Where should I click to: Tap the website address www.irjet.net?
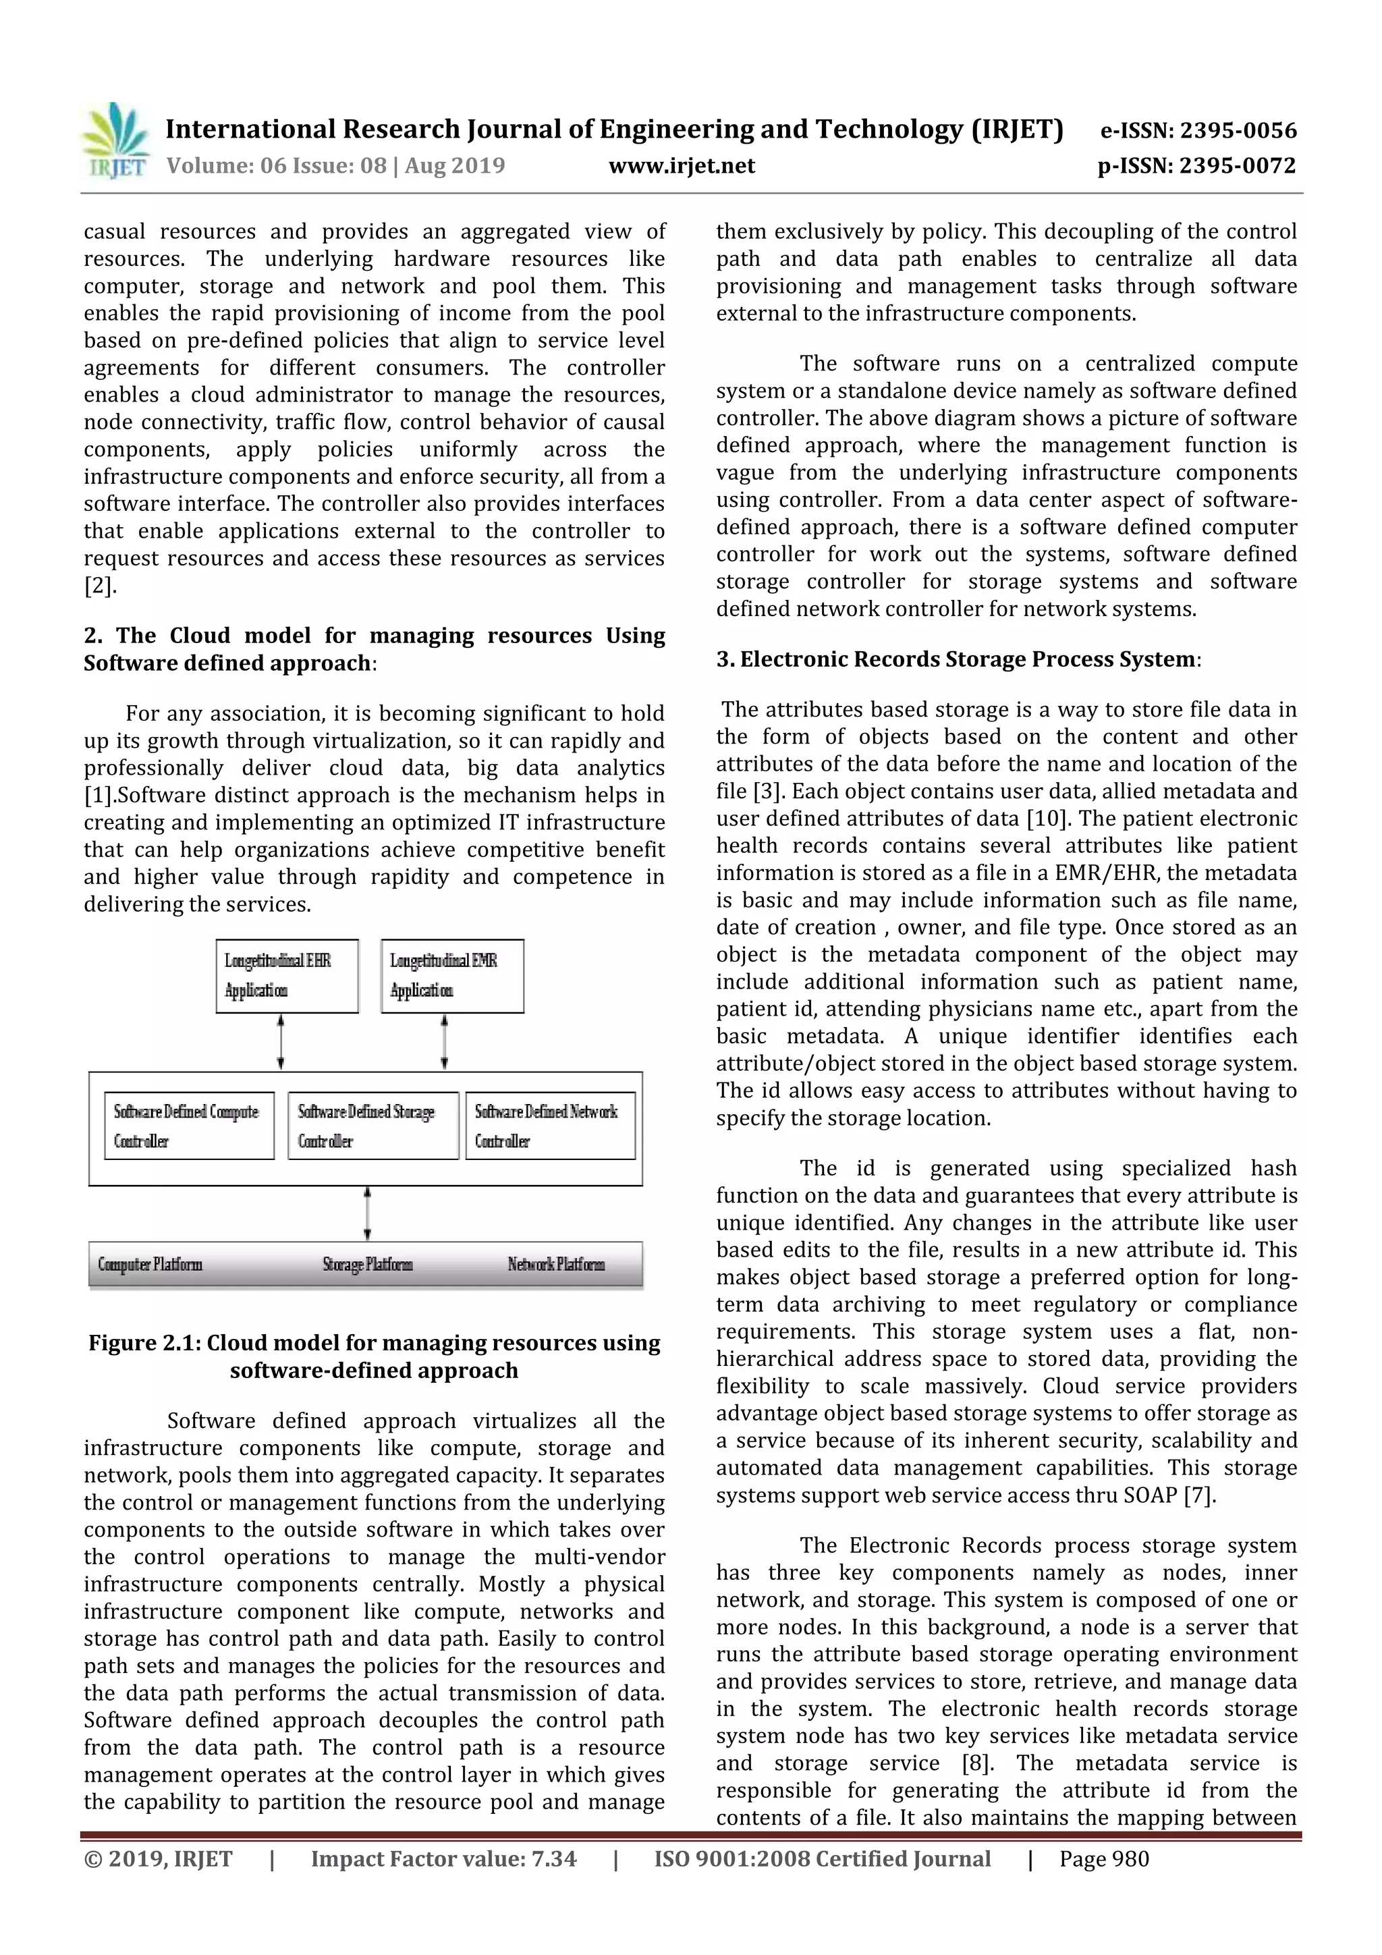(681, 165)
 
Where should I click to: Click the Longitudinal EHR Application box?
(287, 976)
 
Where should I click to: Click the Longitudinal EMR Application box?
(452, 976)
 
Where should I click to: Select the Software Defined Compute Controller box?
(189, 1126)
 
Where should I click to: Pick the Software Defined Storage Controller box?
(373, 1126)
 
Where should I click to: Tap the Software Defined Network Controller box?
(550, 1126)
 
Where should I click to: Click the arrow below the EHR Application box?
(281, 1041)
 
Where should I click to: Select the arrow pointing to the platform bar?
(367, 1213)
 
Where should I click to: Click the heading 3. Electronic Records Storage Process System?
(958, 659)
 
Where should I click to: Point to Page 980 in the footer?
(1103, 1858)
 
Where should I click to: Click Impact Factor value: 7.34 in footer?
(443, 1858)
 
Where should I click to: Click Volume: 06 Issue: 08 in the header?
(276, 165)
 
